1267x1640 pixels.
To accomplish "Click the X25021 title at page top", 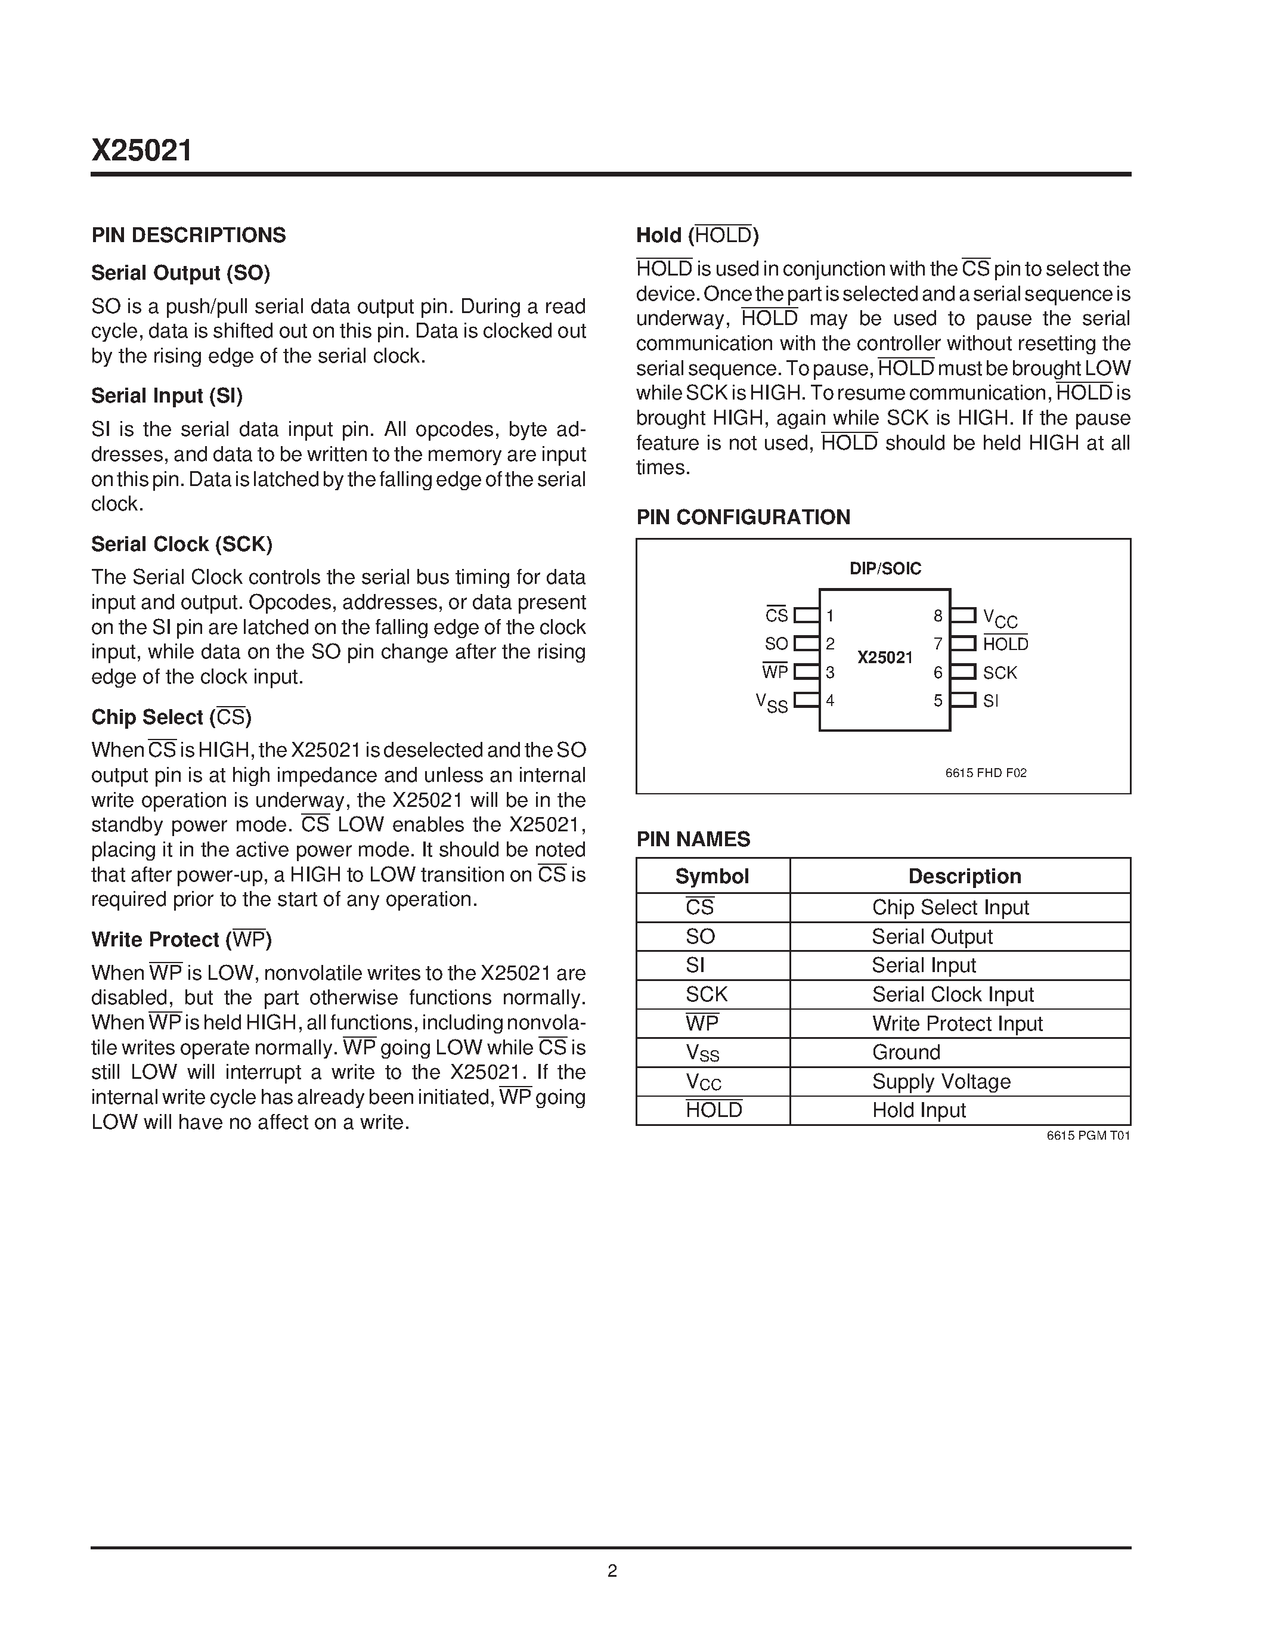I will tap(142, 151).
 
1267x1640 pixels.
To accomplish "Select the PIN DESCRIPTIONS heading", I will tap(188, 235).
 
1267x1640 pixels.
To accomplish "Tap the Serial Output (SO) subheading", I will tap(180, 273).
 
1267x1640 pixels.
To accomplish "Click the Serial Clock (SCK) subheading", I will tap(182, 544).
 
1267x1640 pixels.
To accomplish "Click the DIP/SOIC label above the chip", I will tap(885, 568).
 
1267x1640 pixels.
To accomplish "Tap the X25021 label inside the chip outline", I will tap(885, 657).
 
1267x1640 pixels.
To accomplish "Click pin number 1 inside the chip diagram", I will tap(830, 616).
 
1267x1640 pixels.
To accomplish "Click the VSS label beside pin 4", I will tap(772, 703).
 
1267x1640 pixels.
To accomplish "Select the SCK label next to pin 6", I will tap(1000, 673).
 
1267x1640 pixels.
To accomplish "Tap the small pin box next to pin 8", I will tap(963, 616).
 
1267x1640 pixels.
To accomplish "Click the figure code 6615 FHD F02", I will tap(986, 773).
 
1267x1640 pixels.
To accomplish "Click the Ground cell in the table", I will tap(906, 1052).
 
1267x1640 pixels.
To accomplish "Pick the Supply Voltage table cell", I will tap(941, 1081).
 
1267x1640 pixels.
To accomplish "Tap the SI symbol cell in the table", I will tap(695, 965).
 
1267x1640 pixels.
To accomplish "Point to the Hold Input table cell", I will tap(919, 1110).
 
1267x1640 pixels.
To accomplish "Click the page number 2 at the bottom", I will tap(612, 1571).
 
